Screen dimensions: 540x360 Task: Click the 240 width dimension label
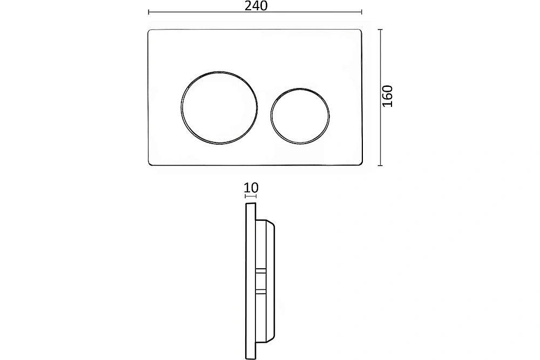[256, 6]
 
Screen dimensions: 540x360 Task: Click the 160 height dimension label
[388, 96]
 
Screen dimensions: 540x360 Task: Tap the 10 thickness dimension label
[251, 188]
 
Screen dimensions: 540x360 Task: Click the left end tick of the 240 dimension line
[148, 12]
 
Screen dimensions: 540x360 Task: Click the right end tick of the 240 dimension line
[362, 12]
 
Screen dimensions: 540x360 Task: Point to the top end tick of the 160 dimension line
[380, 30]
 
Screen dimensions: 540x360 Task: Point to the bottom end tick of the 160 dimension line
[380, 166]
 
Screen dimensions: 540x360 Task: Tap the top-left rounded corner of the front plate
[150, 31]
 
